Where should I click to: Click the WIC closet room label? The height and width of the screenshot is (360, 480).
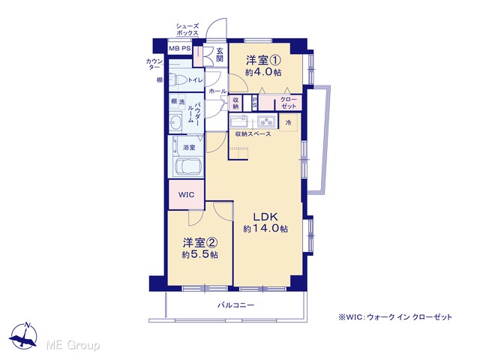(x=186, y=195)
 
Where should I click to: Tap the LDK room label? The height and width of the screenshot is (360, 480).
(x=265, y=217)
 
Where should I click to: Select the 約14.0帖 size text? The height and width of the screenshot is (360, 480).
(x=265, y=229)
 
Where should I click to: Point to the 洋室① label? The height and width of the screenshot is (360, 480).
(x=263, y=60)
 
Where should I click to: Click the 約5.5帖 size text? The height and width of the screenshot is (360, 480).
(x=200, y=255)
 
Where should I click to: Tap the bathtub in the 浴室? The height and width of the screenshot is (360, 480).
(x=187, y=166)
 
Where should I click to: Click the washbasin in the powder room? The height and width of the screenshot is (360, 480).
(x=175, y=122)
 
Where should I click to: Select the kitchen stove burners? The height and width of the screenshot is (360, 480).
(x=265, y=121)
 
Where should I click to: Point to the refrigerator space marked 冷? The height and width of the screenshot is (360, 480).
(x=288, y=122)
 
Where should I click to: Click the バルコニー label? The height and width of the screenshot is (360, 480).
(x=235, y=305)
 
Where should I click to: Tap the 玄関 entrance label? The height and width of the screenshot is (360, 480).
(x=220, y=55)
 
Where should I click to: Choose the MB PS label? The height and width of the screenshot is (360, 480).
(x=180, y=48)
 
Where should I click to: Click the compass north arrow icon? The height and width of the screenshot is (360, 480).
(x=23, y=336)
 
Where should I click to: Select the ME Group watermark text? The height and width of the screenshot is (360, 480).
(x=73, y=345)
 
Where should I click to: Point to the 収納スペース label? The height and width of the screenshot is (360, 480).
(x=253, y=133)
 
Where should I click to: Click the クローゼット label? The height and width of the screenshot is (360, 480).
(x=289, y=103)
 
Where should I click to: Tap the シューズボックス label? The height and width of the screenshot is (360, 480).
(x=187, y=29)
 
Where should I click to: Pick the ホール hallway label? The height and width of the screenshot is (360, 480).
(x=217, y=91)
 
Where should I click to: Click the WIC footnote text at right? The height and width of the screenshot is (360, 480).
(x=395, y=317)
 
